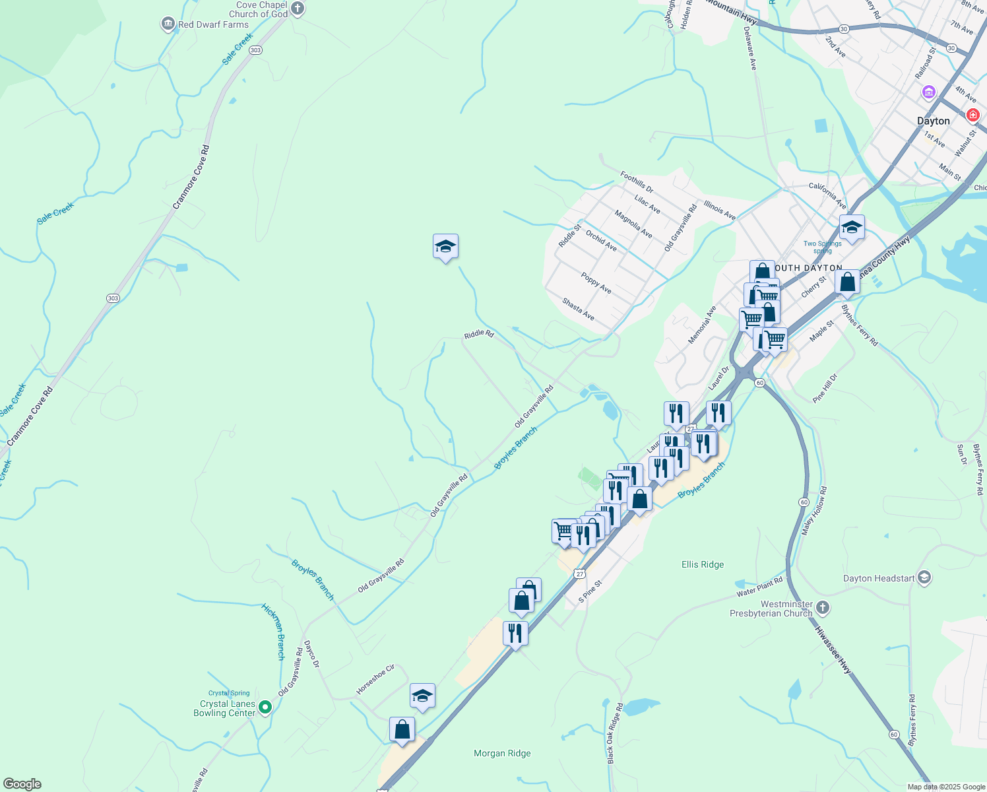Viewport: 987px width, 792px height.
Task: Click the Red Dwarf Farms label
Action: pyautogui.click(x=213, y=24)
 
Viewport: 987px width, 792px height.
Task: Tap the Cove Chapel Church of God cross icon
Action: pyautogui.click(x=298, y=9)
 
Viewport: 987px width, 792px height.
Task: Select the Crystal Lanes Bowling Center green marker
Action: pyautogui.click(x=265, y=708)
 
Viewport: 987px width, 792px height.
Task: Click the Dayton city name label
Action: pyautogui.click(x=934, y=121)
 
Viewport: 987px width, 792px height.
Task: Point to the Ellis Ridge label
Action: pyautogui.click(x=703, y=564)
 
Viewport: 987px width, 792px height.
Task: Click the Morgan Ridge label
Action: pyautogui.click(x=502, y=753)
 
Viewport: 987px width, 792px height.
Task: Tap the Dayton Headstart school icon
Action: pyautogui.click(x=924, y=578)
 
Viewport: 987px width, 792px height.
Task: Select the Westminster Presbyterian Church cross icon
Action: pyautogui.click(x=823, y=607)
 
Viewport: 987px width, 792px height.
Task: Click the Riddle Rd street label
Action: pyautogui.click(x=479, y=335)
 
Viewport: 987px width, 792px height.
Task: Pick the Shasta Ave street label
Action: pyautogui.click(x=579, y=309)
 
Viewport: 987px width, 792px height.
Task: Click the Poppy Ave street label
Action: pyautogui.click(x=596, y=283)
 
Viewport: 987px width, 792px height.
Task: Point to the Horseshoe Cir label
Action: pyautogui.click(x=375, y=679)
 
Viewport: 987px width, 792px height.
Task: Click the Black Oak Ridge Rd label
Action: pyautogui.click(x=615, y=733)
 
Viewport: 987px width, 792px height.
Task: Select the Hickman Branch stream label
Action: pyautogui.click(x=273, y=632)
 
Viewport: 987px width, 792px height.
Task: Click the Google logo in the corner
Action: pyautogui.click(x=22, y=783)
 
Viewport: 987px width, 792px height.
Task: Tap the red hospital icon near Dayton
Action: pyautogui.click(x=972, y=115)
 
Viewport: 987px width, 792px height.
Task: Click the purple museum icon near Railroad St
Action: pyautogui.click(x=929, y=92)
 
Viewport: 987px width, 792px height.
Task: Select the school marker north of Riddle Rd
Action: pyautogui.click(x=445, y=247)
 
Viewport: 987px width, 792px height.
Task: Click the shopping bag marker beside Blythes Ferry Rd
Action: pyautogui.click(x=847, y=282)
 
